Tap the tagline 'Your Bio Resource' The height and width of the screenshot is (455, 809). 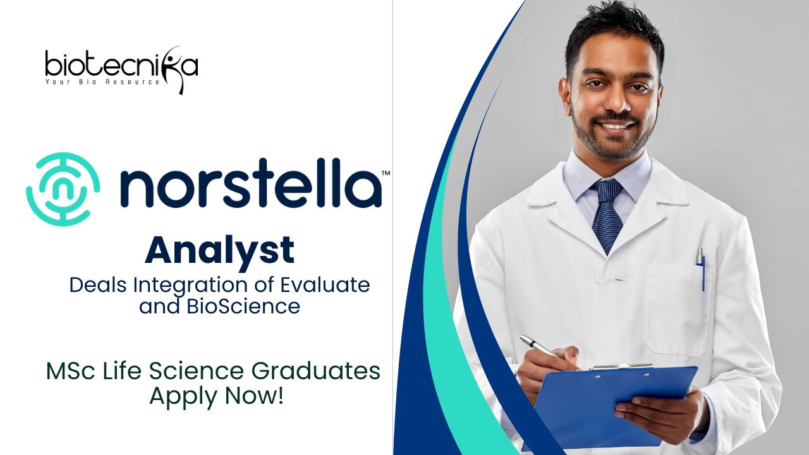tap(102, 82)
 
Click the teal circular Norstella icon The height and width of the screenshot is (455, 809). tap(63, 189)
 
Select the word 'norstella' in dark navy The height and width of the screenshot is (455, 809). tap(250, 183)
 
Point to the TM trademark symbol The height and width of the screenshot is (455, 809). tap(386, 173)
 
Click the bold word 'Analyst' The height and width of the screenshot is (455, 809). tap(219, 250)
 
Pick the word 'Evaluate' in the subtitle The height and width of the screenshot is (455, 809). tap(325, 285)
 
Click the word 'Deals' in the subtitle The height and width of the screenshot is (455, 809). tap(97, 285)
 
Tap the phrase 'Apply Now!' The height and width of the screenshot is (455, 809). tap(216, 396)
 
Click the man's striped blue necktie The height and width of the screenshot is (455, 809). tap(607, 215)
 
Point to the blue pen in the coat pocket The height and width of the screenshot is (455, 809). tap(701, 269)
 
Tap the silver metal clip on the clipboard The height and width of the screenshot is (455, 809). tap(621, 367)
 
